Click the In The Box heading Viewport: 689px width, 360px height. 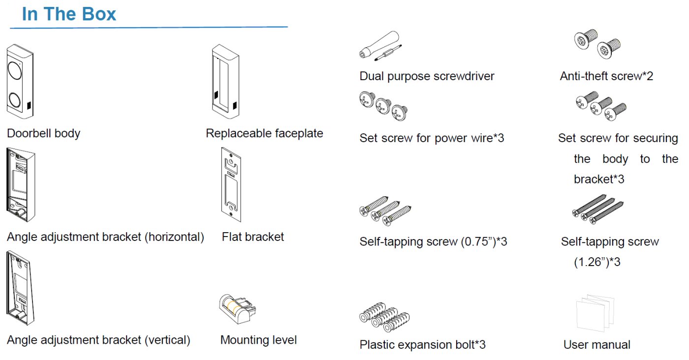point(69,14)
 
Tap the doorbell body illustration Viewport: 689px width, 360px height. point(20,81)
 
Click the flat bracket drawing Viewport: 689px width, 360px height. point(230,185)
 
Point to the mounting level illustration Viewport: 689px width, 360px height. point(237,308)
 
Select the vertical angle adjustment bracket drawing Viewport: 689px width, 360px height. point(20,288)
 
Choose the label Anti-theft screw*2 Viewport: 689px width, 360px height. point(606,76)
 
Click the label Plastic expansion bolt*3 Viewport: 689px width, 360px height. point(422,345)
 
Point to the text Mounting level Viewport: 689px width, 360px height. point(258,340)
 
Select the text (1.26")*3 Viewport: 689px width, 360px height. point(597,262)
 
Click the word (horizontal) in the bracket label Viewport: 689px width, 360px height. point(174,237)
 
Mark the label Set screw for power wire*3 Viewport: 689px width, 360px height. point(432,138)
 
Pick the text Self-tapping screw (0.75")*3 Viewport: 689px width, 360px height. point(433,242)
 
